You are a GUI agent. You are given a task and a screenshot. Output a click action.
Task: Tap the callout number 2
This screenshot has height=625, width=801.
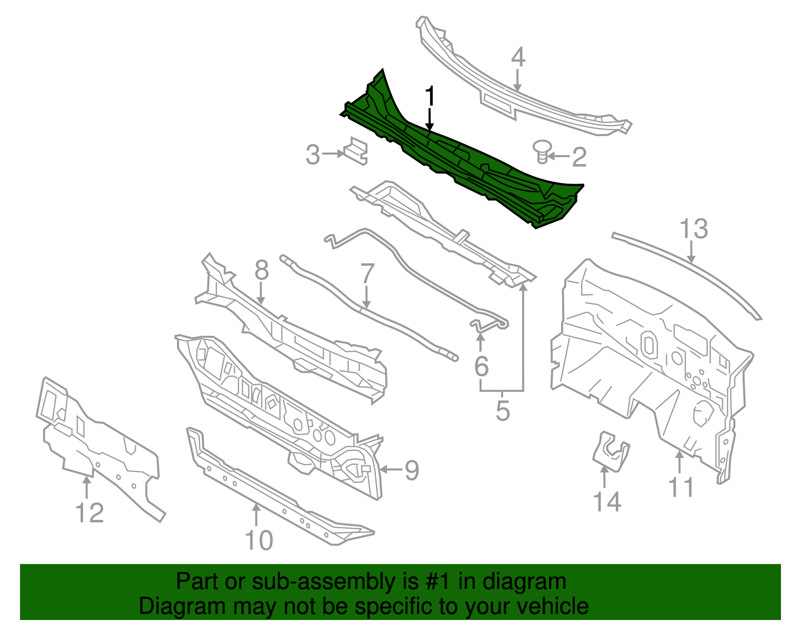(x=579, y=157)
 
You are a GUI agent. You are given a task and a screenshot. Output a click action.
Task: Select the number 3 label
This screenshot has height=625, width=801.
(x=312, y=155)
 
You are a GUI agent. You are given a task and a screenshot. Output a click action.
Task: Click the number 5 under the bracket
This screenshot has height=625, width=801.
(x=503, y=411)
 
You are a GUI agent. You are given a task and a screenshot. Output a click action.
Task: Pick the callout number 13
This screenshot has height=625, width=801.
(x=693, y=229)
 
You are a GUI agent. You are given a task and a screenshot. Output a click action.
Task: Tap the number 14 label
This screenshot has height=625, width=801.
(x=607, y=501)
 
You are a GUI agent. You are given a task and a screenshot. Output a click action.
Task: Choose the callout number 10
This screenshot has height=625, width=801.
(x=259, y=540)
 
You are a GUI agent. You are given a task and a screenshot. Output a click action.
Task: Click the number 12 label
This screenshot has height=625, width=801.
(x=90, y=513)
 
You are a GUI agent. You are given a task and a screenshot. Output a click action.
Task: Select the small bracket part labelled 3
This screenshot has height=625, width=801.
(x=356, y=150)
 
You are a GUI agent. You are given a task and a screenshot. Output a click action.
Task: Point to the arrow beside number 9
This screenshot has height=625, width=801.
(x=390, y=469)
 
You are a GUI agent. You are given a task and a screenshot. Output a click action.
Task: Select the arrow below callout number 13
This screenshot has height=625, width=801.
(x=691, y=253)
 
